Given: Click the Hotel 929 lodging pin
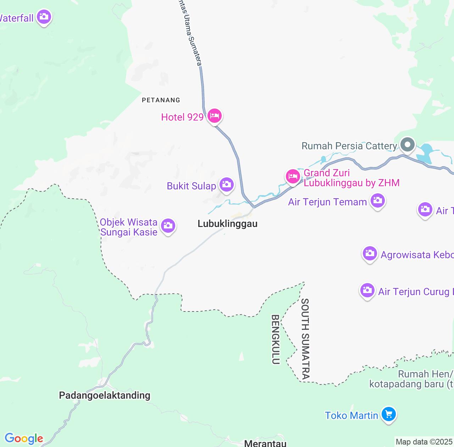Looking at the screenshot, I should [215, 116].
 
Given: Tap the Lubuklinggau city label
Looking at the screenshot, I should [227, 224].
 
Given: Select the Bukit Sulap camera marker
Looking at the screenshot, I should [226, 184].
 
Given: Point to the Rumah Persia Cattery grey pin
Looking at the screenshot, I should [408, 145].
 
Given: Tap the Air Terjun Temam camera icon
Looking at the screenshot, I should [377, 201].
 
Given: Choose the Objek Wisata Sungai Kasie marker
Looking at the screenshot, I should [168, 226].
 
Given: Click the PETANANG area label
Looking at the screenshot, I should [161, 100].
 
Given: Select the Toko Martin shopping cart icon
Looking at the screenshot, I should [389, 414].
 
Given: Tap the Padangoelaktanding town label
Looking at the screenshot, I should [105, 395].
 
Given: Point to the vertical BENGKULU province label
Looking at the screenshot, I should [276, 339].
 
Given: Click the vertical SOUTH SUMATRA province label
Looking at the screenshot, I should [305, 339].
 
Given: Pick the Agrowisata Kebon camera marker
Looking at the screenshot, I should [370, 254].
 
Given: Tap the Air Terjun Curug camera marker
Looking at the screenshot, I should [367, 291].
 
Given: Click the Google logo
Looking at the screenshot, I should [24, 438].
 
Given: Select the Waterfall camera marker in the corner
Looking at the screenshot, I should [44, 17].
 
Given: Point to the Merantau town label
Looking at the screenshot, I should [265, 443].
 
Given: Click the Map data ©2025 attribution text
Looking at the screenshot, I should [424, 442].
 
